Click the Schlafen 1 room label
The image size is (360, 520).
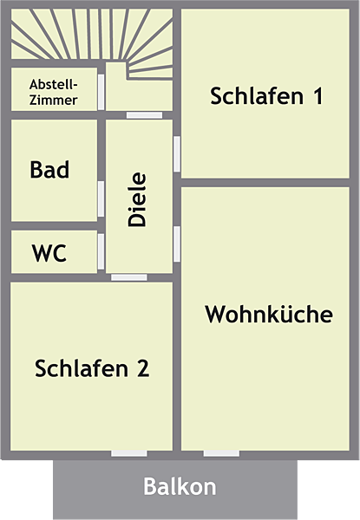(x=266, y=96)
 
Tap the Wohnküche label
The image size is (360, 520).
(x=269, y=314)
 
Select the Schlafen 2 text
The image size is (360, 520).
(x=92, y=368)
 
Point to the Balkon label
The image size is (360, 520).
(x=180, y=486)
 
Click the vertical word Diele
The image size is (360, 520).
(x=137, y=199)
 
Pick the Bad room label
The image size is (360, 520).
(x=49, y=170)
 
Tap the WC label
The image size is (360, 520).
(x=49, y=253)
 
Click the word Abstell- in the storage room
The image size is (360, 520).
(x=54, y=84)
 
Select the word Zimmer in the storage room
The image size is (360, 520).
(x=54, y=101)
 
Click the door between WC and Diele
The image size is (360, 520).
(x=101, y=251)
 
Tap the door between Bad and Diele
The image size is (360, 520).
(x=101, y=199)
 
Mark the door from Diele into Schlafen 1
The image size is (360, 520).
(x=177, y=154)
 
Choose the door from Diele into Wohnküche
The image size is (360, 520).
(x=177, y=244)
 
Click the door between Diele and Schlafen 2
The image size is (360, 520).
(x=129, y=277)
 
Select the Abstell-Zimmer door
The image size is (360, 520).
(x=101, y=92)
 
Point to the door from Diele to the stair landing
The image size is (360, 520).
(x=144, y=115)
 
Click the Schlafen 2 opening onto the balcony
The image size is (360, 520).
(x=129, y=453)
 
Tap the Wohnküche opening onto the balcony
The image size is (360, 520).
(x=221, y=453)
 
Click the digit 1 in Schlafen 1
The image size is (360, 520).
(x=318, y=96)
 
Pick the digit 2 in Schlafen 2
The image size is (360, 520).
(x=143, y=368)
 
